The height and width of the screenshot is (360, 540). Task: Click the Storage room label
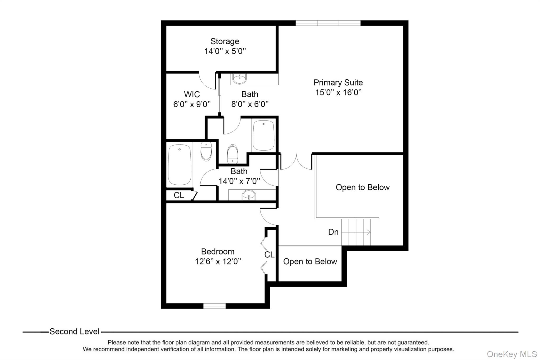point(225,41)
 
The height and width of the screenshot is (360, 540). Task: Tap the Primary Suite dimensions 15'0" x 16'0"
point(338,93)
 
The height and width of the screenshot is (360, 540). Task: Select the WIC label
point(192,94)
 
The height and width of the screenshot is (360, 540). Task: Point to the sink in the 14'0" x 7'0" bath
point(249,195)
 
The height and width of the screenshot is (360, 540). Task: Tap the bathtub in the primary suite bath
point(263,135)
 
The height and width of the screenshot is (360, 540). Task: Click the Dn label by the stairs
point(333,232)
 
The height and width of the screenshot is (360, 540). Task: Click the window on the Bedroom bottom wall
point(214,306)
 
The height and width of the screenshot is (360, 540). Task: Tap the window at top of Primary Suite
point(328,23)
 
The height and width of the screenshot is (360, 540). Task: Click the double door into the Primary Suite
point(296,162)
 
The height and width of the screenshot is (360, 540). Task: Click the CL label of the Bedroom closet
point(269,255)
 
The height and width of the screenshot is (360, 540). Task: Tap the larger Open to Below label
point(363,188)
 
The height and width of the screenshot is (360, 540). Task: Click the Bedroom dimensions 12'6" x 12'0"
point(218,262)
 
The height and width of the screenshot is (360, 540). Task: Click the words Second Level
point(74,332)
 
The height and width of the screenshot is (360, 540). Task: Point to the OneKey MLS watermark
point(512,354)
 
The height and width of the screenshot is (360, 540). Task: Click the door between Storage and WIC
point(207,80)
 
